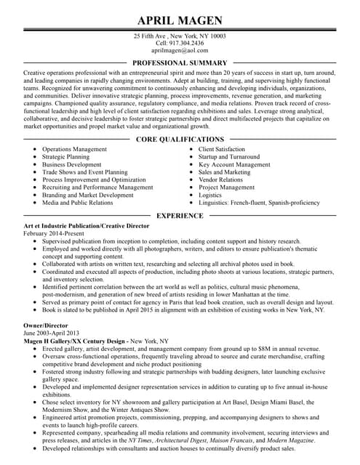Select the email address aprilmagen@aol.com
coord(180,52)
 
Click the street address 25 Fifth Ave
coord(151,36)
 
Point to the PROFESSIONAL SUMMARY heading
coord(180,63)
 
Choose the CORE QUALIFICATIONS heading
coord(180,139)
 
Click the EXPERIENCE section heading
coord(180,216)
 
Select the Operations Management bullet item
coord(74,149)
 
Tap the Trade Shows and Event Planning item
coord(84,172)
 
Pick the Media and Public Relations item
coord(78,203)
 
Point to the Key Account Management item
coord(234,164)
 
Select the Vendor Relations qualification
coord(220,179)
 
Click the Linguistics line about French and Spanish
coord(259,203)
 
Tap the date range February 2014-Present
coord(53,234)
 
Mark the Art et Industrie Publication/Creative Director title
coord(87,227)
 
